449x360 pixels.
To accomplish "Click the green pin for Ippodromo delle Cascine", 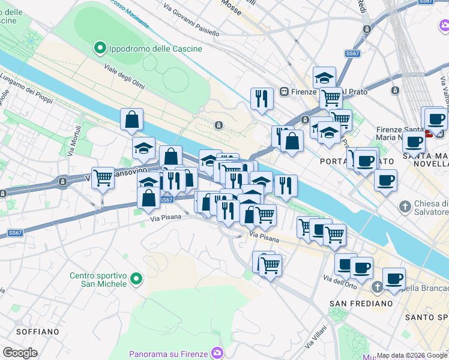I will point(100,48).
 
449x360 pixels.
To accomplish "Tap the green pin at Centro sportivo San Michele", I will point(136,278).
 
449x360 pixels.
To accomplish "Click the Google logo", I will point(20,353).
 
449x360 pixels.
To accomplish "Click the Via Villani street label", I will point(314,337).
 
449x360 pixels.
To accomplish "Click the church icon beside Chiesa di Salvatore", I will point(405,206).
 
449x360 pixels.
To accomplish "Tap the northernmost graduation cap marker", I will point(324,77).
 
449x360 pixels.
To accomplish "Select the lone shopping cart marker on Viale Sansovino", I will point(103,178).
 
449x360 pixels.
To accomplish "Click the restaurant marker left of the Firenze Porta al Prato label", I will point(261,98).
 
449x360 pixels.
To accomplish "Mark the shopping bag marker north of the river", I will point(131,119).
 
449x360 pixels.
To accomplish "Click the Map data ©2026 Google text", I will point(412,355).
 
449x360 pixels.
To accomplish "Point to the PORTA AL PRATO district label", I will point(349,161).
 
